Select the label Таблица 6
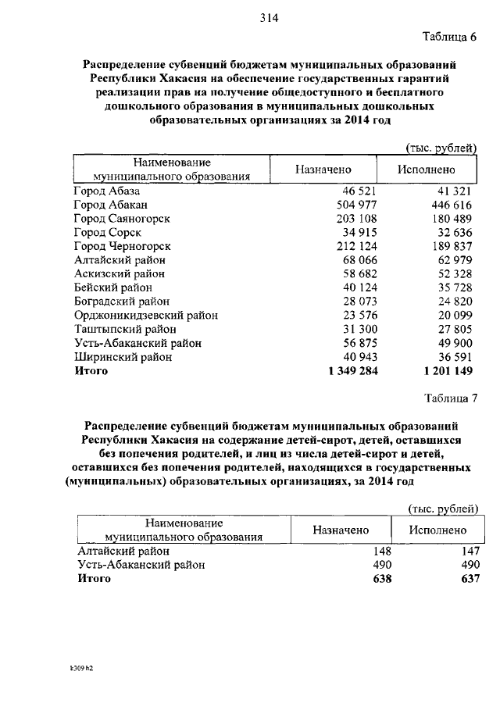click(448, 37)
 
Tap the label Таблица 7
click(449, 398)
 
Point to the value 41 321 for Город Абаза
click(452, 191)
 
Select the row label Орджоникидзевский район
click(145, 316)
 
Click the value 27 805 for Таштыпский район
click(452, 330)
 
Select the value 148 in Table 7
click(381, 551)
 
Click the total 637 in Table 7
click(467, 579)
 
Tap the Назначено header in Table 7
click(341, 530)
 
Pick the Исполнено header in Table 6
click(426, 170)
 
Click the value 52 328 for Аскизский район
click(452, 274)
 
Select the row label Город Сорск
click(107, 233)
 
